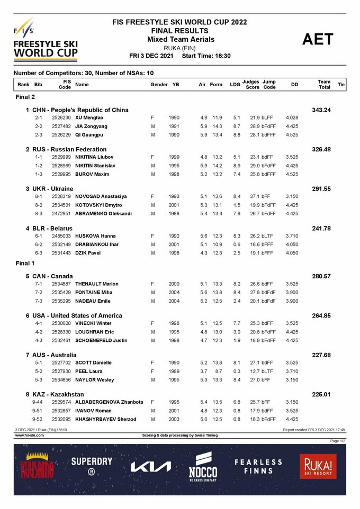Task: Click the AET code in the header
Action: pos(318,40)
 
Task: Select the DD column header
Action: pos(294,85)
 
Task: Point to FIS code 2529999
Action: pos(61,157)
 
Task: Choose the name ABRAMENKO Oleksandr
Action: pos(104,214)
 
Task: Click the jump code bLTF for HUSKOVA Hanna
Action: pos(267,236)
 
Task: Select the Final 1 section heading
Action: pos(25,263)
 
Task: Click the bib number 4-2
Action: pos(39,332)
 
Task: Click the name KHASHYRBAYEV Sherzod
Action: pos(105,420)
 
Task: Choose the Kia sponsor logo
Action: pos(151,467)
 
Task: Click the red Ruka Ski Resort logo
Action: pos(317,467)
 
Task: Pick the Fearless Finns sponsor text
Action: pos(259,466)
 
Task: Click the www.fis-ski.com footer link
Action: pos(29,435)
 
